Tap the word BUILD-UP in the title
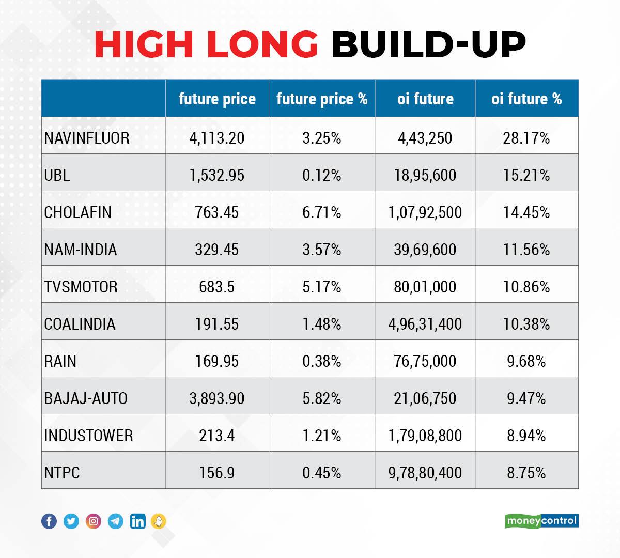(428, 44)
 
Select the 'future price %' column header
(322, 99)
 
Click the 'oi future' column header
(425, 99)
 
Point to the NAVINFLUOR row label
(87, 138)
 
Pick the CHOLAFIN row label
(78, 212)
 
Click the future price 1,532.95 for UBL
(217, 175)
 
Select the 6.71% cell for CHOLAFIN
(322, 212)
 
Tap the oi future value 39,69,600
(425, 250)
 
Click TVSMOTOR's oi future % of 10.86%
(526, 287)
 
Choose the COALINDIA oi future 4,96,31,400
(425, 324)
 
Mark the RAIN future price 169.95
(217, 361)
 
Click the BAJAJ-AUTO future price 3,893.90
(217, 398)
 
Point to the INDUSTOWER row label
(88, 436)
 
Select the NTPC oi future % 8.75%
(526, 473)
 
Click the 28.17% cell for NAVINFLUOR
(526, 138)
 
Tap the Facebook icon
(49, 521)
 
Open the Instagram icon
(94, 521)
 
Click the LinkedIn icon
(138, 521)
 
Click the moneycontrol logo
(541, 521)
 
